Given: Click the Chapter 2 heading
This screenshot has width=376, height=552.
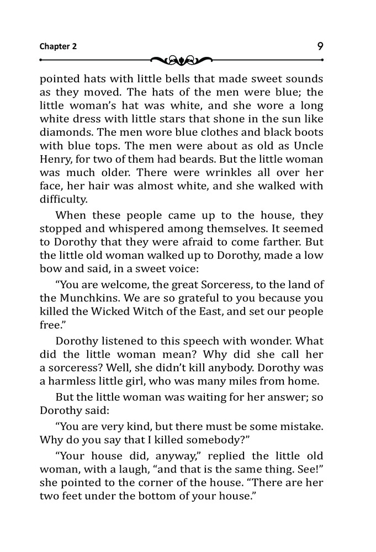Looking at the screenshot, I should point(58,46).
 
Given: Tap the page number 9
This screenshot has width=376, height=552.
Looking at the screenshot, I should point(321,46).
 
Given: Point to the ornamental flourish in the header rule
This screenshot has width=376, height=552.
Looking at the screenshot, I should point(181,59).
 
